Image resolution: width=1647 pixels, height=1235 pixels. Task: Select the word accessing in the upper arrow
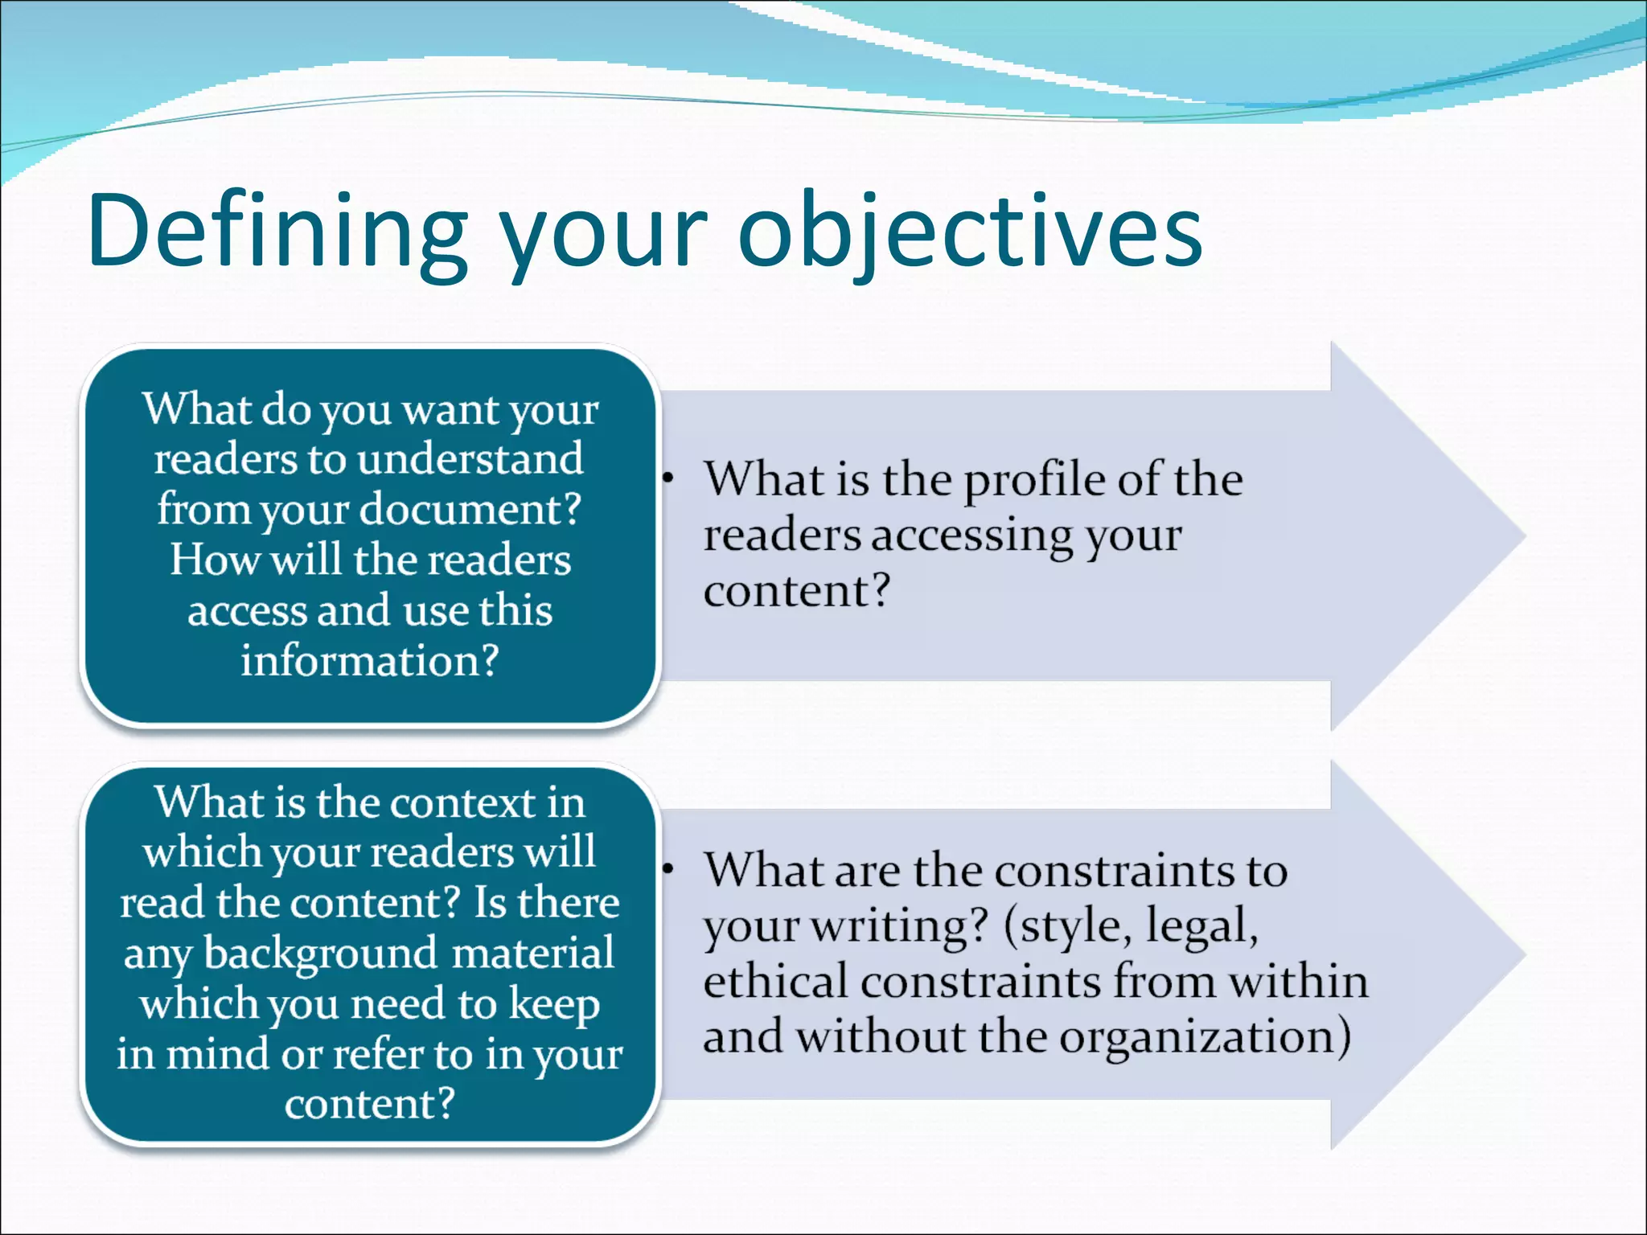pos(972,535)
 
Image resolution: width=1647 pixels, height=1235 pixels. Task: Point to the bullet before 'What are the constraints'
pos(667,869)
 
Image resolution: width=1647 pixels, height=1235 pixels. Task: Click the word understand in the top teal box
pos(470,459)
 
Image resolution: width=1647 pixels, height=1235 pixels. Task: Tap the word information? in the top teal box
pos(370,661)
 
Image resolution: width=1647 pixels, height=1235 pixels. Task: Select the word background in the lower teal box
pos(320,954)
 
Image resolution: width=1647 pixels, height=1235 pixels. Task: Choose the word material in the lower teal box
pos(532,954)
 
